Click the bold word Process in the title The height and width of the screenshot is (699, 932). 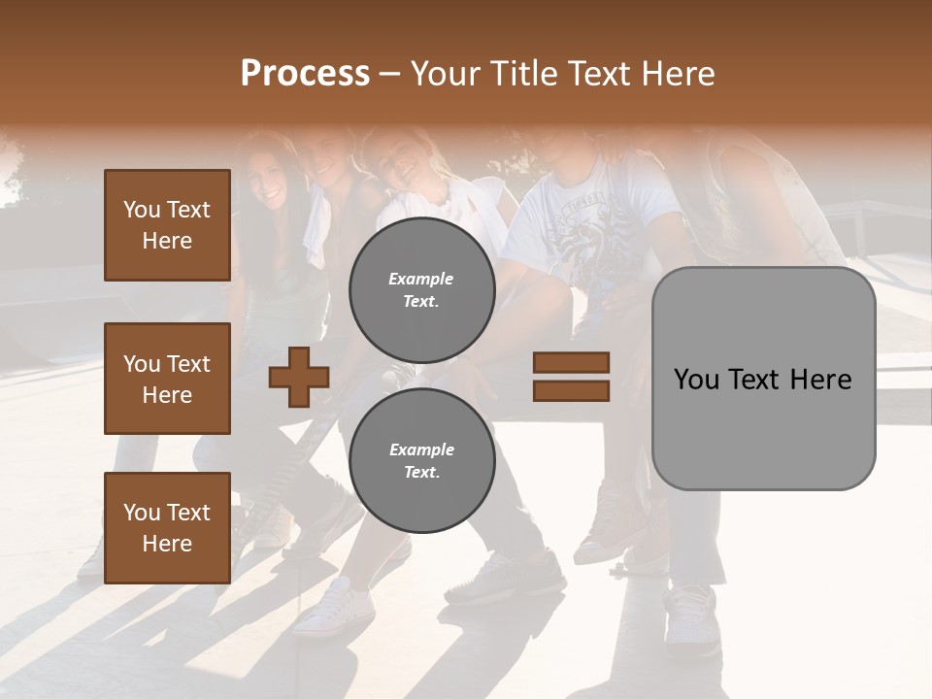pyautogui.click(x=305, y=74)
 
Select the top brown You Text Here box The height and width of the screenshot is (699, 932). pyautogui.click(x=167, y=225)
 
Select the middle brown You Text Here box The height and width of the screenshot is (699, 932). pyautogui.click(x=167, y=379)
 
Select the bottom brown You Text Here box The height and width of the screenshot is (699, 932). pyautogui.click(x=167, y=528)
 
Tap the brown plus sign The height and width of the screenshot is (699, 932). pyautogui.click(x=299, y=377)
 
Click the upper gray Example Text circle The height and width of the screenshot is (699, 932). pyautogui.click(x=421, y=289)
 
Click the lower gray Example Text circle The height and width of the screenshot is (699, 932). pyautogui.click(x=421, y=460)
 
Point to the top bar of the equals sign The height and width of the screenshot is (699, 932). pyautogui.click(x=571, y=362)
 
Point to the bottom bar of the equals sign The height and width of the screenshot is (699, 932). pyautogui.click(x=571, y=390)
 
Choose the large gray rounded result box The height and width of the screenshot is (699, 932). pyautogui.click(x=763, y=379)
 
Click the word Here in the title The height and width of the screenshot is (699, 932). pyautogui.click(x=680, y=74)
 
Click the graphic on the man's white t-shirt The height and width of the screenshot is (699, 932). pyautogui.click(x=582, y=233)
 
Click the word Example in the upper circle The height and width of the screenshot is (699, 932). pyautogui.click(x=421, y=279)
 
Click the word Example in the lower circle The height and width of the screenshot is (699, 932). pyautogui.click(x=421, y=449)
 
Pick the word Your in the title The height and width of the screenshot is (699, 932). pyautogui.click(x=444, y=74)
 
